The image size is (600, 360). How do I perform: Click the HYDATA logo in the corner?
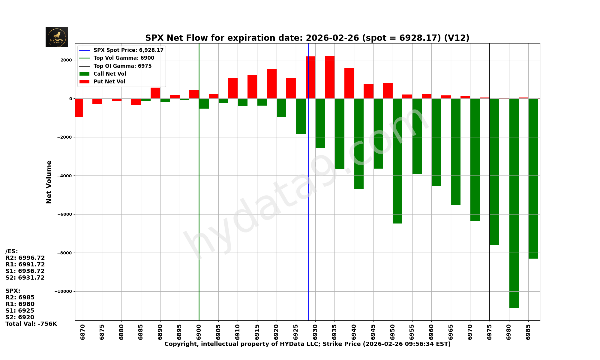[57, 37]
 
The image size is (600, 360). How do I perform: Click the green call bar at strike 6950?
[397, 161]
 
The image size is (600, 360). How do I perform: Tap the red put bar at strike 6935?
[330, 77]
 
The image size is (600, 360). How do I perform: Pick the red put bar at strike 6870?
[79, 108]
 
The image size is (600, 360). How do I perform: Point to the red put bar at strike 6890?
[155, 93]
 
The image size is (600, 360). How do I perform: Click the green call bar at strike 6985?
[533, 178]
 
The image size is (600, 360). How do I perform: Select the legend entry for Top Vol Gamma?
[124, 58]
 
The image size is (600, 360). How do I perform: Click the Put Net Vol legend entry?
[109, 82]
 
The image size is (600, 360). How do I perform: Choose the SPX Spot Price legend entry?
[128, 50]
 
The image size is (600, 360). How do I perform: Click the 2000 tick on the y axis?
[66, 60]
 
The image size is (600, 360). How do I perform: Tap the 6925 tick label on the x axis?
[296, 331]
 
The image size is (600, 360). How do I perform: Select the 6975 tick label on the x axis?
[490, 331]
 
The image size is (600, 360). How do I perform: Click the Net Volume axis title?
[49, 182]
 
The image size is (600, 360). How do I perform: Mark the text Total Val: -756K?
[31, 324]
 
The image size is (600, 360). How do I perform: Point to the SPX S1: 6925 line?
[20, 311]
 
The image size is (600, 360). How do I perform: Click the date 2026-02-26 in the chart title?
[332, 38]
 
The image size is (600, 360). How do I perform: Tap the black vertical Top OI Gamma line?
[490, 210]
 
